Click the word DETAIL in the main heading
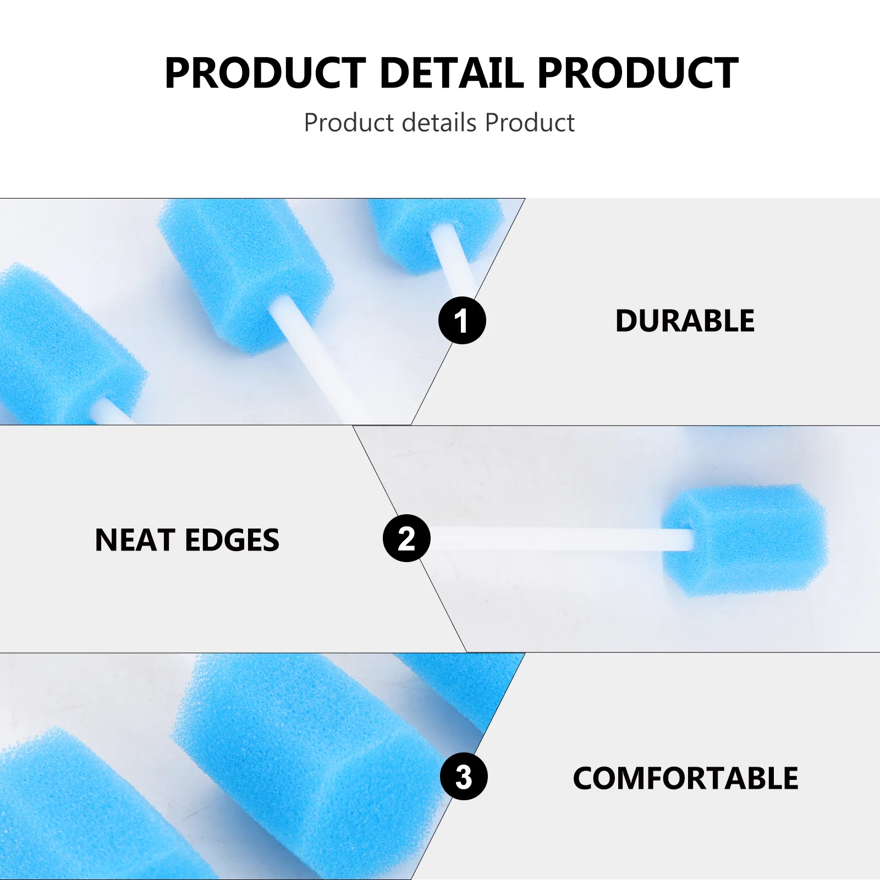coord(451,73)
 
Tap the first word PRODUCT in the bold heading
coord(265,73)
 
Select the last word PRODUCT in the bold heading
coord(637,73)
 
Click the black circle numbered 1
coord(462,320)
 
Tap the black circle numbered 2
coord(406,538)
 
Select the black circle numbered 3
coord(464,776)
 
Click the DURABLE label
coord(685,321)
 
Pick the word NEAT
coord(134,540)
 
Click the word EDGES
coord(232,540)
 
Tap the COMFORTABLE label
coord(685,778)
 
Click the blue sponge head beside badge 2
coord(745,540)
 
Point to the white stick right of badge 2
coord(561,538)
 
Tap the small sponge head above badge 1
coord(435,234)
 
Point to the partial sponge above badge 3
coord(462,687)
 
